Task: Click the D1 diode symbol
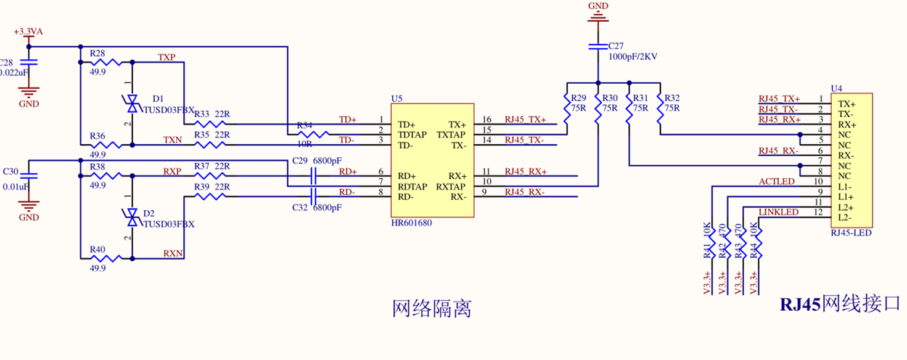131,104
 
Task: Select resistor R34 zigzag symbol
314,134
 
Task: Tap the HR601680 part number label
411,223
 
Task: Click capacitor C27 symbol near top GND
597,46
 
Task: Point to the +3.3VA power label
28,31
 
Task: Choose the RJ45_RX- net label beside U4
779,151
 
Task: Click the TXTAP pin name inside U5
451,134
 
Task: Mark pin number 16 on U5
487,120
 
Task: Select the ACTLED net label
777,181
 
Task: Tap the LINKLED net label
778,212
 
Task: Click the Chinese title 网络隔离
432,308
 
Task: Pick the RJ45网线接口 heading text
840,304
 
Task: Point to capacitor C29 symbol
313,176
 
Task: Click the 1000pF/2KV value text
633,56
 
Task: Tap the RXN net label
173,253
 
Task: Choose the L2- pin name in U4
845,217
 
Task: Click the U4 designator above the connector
836,88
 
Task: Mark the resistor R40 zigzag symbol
106,259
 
